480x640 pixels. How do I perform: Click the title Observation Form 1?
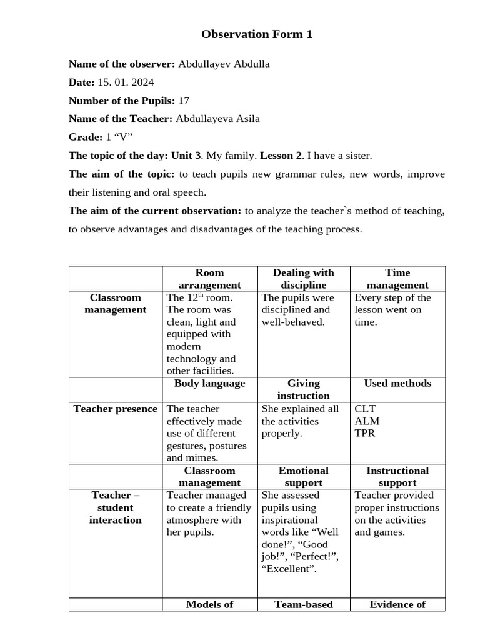point(256,34)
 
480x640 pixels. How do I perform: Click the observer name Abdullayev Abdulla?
point(224,64)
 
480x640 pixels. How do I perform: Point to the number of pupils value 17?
point(184,101)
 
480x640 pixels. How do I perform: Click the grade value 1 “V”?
point(119,137)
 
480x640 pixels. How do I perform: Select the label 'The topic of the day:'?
point(118,155)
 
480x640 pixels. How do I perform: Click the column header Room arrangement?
point(209,279)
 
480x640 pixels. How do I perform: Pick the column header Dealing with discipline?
point(303,279)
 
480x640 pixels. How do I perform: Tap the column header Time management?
point(397,279)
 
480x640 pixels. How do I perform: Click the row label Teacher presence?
point(115,409)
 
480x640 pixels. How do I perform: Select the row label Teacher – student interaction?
point(115,507)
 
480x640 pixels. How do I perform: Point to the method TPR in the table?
point(365,433)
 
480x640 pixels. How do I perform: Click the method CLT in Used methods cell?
point(366,409)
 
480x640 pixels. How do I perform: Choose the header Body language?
point(209,383)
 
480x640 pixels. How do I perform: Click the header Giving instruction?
point(303,389)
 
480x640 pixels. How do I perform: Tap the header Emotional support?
point(303,476)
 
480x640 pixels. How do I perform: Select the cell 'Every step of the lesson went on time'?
point(392,309)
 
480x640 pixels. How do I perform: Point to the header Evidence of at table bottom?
point(397,604)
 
